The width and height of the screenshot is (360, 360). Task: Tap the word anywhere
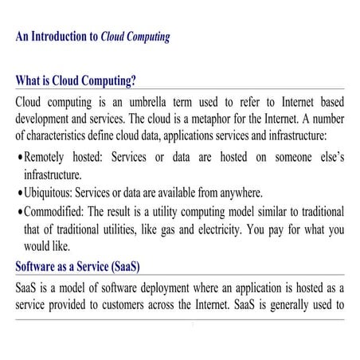pos(245,194)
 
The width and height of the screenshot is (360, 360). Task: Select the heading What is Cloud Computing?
pos(76,80)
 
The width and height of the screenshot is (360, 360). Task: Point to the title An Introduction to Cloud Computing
pos(92,37)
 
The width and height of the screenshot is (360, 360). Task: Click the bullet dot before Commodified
pos(19,212)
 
